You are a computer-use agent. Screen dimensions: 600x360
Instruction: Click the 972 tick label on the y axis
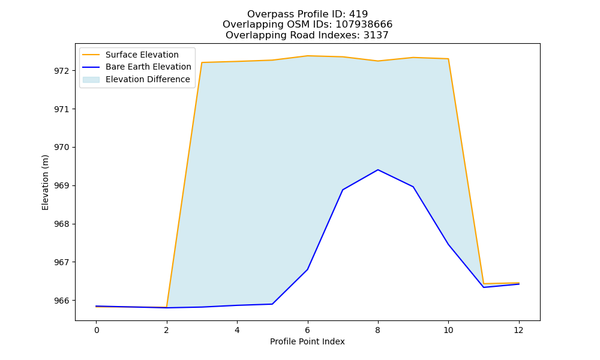[x=62, y=71]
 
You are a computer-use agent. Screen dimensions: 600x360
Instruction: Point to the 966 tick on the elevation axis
[x=62, y=301]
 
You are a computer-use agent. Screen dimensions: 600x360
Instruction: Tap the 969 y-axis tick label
[x=62, y=186]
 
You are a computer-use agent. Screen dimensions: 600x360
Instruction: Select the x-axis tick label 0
[x=97, y=330]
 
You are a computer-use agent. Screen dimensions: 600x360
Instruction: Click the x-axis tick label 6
[x=307, y=330]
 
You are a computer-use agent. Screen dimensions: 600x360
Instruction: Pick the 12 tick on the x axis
[x=518, y=330]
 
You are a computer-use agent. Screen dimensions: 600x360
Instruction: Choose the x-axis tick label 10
[x=448, y=330]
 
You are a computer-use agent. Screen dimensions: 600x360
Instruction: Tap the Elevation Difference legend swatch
[x=91, y=80]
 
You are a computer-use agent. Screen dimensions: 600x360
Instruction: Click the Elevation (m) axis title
[x=45, y=182]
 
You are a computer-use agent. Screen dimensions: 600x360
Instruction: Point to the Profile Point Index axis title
[x=307, y=341]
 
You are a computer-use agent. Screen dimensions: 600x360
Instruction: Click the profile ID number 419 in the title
[x=358, y=14]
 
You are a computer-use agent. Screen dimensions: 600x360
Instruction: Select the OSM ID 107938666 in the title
[x=364, y=25]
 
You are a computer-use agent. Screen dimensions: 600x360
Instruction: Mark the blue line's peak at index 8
[x=378, y=169]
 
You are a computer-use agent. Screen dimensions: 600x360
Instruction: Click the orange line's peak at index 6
[x=307, y=56]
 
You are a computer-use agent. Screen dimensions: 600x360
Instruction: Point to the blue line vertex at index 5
[x=272, y=304]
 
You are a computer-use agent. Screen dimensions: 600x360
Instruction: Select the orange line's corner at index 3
[x=202, y=62]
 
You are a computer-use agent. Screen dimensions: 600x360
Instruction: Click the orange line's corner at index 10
[x=448, y=59]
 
